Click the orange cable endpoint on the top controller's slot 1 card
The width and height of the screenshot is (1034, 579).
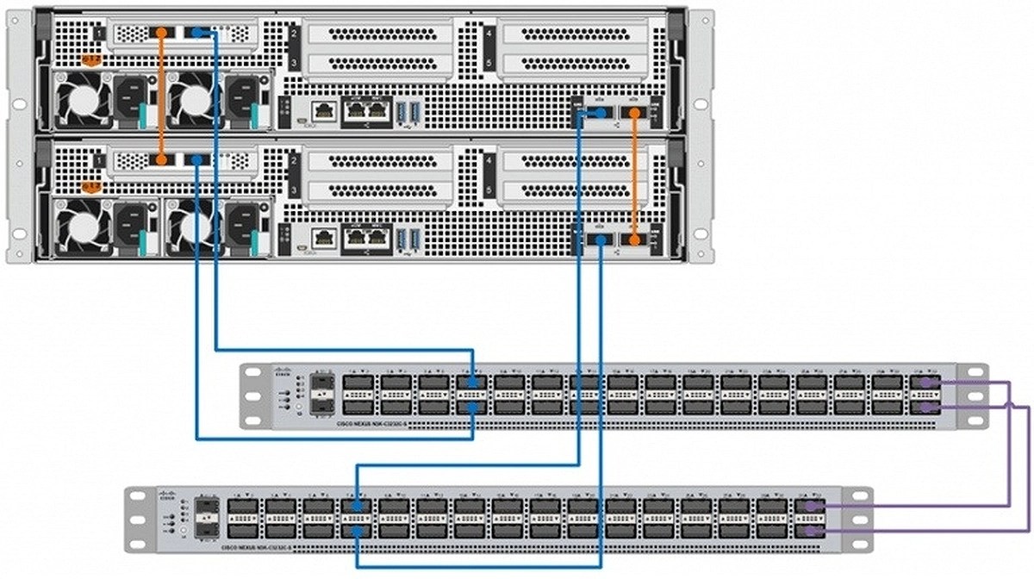click(161, 32)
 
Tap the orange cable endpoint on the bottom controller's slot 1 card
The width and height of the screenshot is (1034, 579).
click(161, 159)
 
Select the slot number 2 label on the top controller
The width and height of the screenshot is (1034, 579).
click(294, 33)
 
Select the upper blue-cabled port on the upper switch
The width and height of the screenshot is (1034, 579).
click(473, 382)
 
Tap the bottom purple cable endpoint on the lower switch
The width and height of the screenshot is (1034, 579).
click(812, 531)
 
